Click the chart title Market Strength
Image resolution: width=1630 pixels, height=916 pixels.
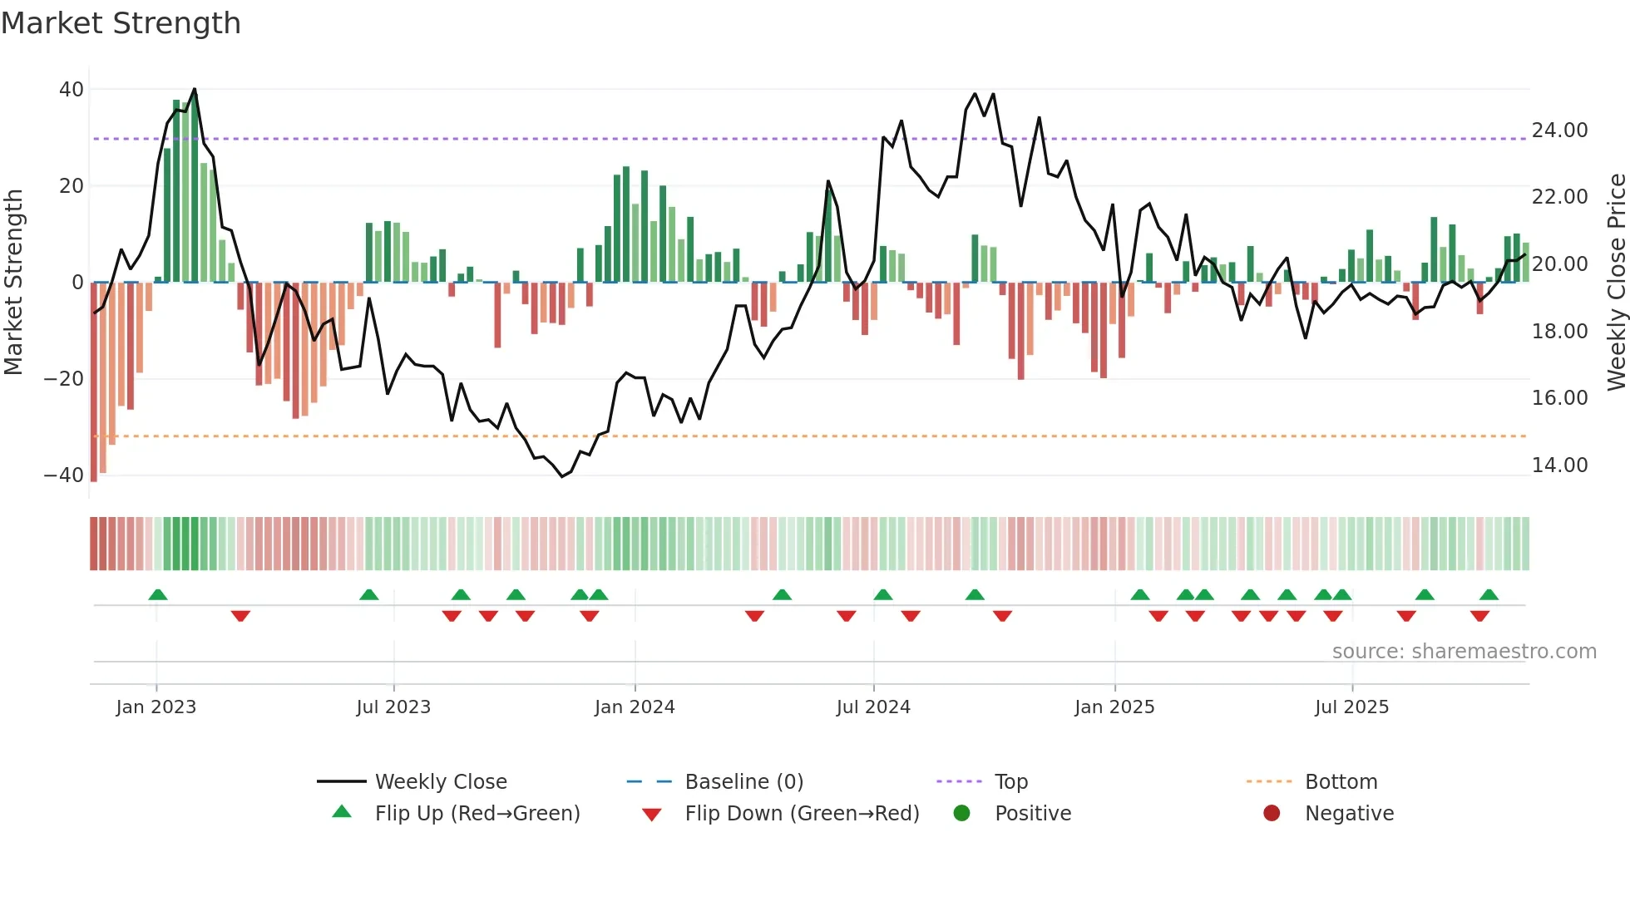pos(121,23)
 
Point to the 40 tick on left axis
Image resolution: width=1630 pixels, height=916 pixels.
pos(72,89)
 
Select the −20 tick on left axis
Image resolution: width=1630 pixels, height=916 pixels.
pos(64,379)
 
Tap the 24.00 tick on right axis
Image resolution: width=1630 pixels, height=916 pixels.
pos(1559,131)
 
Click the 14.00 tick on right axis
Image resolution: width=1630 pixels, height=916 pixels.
pos(1559,465)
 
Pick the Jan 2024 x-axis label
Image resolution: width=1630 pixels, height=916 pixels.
pos(635,707)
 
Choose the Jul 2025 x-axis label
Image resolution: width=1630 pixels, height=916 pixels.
pos(1351,707)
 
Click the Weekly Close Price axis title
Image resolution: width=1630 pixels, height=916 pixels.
pos(1616,283)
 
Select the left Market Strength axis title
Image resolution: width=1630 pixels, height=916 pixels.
pos(13,283)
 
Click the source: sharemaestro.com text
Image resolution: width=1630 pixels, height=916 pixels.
pos(1464,652)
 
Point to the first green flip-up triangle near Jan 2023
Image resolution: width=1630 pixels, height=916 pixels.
pos(158,594)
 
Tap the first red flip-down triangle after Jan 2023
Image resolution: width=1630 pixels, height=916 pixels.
pos(240,616)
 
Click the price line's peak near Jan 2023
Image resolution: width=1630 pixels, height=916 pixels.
pos(195,89)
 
